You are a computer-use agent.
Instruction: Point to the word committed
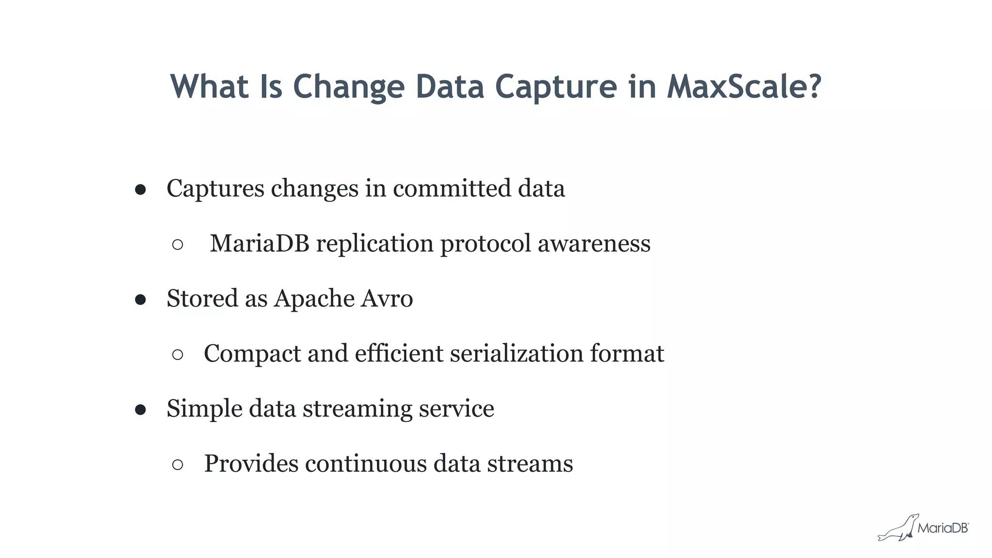tap(451, 188)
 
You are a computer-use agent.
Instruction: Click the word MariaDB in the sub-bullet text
tap(260, 243)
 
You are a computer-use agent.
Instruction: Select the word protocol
tap(485, 244)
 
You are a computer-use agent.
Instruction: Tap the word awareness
tap(594, 243)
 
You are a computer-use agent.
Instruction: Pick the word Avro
tap(387, 298)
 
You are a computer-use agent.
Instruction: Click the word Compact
tap(252, 353)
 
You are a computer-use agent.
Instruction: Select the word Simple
tap(204, 409)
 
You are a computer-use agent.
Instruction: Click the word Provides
tap(251, 464)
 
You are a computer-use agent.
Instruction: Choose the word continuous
tap(366, 464)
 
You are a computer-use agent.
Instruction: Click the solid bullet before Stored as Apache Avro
tap(140, 300)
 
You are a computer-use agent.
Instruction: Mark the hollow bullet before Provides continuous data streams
tap(178, 465)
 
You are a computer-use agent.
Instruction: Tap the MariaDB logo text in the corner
tap(943, 528)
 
